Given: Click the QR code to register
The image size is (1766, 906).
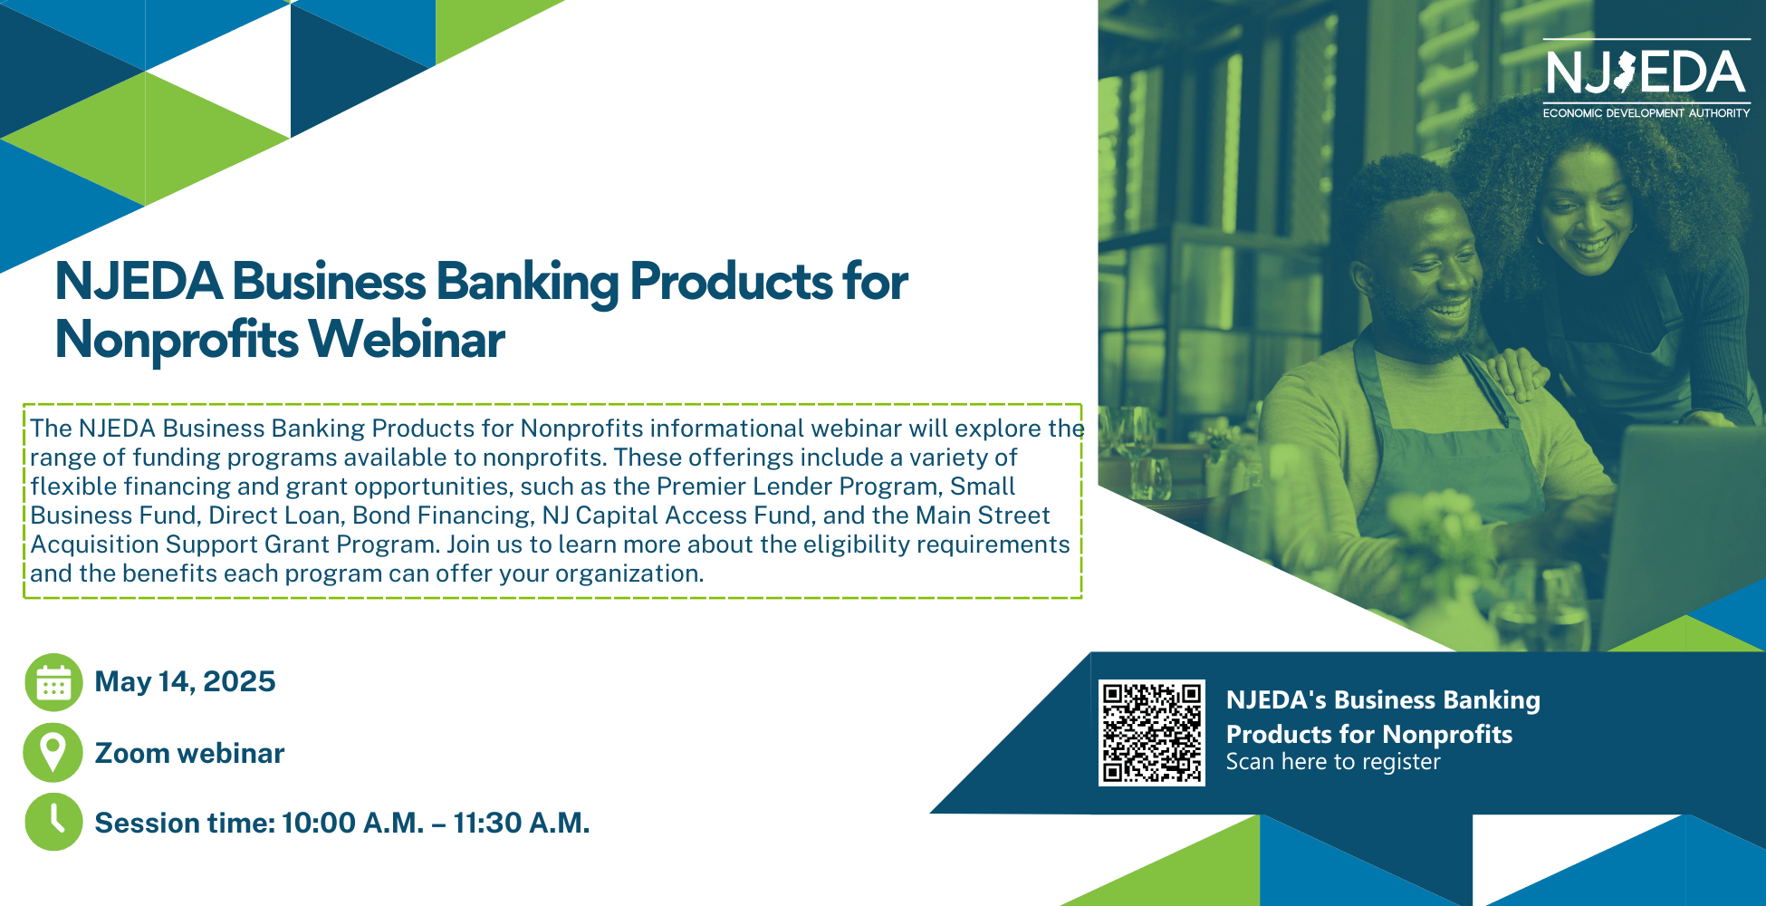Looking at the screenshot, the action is tap(1151, 733).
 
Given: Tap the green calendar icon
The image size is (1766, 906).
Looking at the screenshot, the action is tap(53, 682).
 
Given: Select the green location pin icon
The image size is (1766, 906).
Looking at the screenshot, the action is tap(53, 753).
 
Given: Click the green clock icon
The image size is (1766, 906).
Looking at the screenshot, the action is tap(53, 822).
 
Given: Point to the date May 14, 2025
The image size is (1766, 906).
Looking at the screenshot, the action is tap(185, 681).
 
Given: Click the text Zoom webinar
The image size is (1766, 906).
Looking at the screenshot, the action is tap(189, 753).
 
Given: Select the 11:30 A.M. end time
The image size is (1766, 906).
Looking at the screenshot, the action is tap(521, 823).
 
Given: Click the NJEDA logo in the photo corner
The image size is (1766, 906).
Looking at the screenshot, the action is tap(1646, 78).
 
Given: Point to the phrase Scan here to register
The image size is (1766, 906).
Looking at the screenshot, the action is tap(1332, 762).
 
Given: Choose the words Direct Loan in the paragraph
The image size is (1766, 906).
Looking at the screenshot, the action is tap(275, 516).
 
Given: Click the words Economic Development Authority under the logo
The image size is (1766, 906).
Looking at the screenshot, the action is tap(1646, 113).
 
